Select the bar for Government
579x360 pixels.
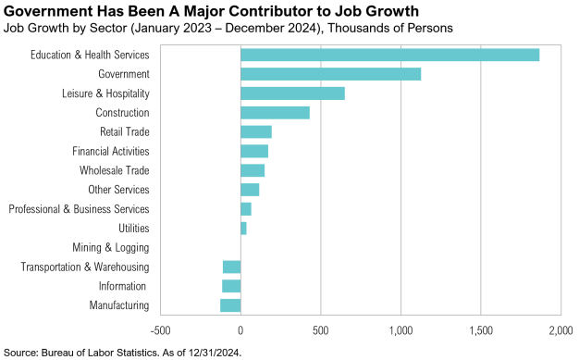[330, 74]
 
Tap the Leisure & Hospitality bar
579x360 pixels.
[292, 93]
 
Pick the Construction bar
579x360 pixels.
[275, 113]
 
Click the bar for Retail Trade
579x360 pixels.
[256, 131]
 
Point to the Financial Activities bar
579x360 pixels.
[254, 151]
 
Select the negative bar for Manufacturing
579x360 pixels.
[230, 305]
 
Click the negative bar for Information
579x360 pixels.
[231, 286]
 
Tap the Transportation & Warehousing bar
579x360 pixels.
[231, 267]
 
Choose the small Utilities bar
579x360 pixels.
[243, 228]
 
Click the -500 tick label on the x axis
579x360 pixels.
[160, 329]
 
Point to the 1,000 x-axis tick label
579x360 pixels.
[400, 329]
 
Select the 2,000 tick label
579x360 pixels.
[561, 329]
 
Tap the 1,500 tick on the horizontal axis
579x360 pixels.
[481, 329]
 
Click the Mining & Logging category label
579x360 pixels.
[110, 247]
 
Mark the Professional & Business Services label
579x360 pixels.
[79, 209]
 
